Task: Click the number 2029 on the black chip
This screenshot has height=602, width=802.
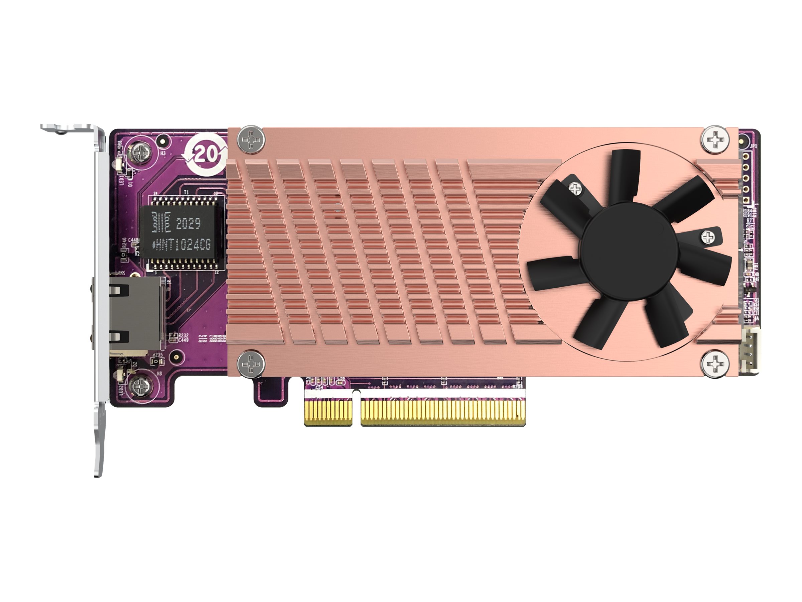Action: click(188, 223)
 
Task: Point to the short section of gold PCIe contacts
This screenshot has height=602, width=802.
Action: click(328, 412)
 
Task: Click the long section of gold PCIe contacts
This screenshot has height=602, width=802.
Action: click(443, 412)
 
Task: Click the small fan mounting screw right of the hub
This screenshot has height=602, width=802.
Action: click(707, 238)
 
